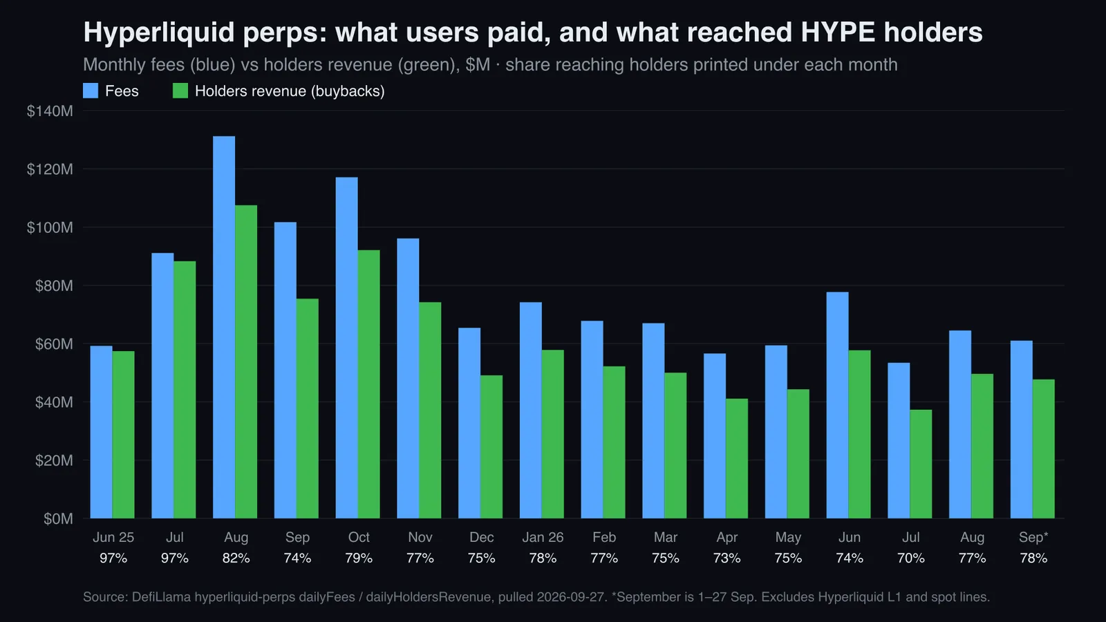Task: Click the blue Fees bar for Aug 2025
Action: pyautogui.click(x=224, y=328)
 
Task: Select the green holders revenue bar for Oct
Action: pyautogui.click(x=369, y=384)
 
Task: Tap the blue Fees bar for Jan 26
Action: pyautogui.click(x=530, y=411)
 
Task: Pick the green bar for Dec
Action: pyautogui.click(x=491, y=446)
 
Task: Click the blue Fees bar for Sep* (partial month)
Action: pyautogui.click(x=1021, y=429)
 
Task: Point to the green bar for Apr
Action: pyautogui.click(x=737, y=459)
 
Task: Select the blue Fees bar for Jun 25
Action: pyautogui.click(x=101, y=432)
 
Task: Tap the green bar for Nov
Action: pyautogui.click(x=430, y=411)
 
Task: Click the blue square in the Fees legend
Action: pyautogui.click(x=91, y=91)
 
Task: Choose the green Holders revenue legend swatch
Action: pyautogui.click(x=180, y=91)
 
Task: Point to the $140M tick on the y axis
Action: pyautogui.click(x=50, y=111)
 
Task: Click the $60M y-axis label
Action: pyautogui.click(x=54, y=344)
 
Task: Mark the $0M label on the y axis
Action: pyautogui.click(x=58, y=519)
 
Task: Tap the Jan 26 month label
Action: pyautogui.click(x=543, y=537)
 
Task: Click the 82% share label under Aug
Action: pyautogui.click(x=236, y=558)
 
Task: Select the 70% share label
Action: pyautogui.click(x=911, y=558)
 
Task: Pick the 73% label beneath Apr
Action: pyautogui.click(x=727, y=558)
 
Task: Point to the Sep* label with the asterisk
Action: pyautogui.click(x=1033, y=537)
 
